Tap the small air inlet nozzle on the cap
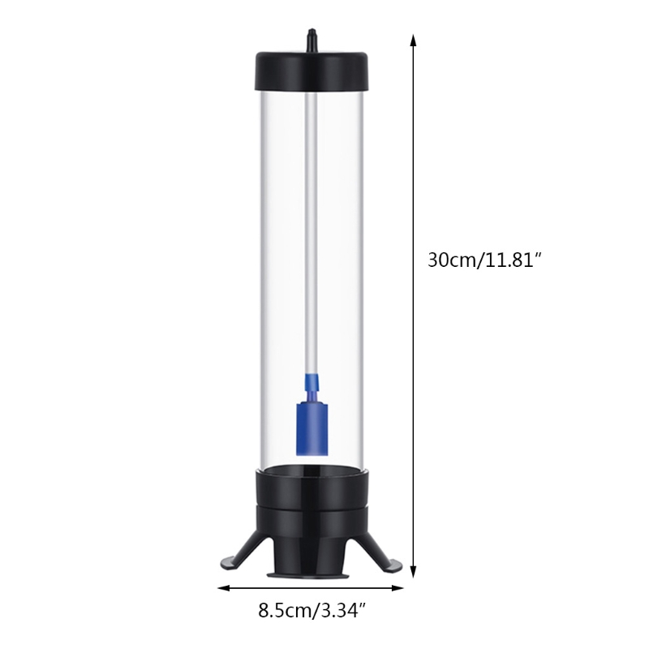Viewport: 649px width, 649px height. [312, 38]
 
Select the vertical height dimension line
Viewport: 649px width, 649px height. [414, 162]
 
